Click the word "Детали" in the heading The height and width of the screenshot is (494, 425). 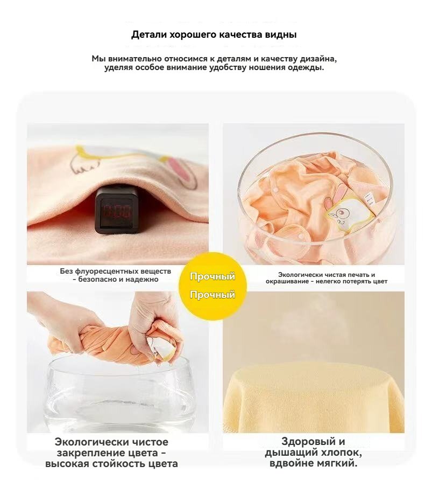coord(149,34)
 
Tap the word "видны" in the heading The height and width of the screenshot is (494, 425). coord(281,34)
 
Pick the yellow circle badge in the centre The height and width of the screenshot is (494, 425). coord(212,286)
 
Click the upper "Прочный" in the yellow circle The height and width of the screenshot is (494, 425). coord(212,276)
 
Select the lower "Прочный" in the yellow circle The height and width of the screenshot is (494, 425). coord(212,295)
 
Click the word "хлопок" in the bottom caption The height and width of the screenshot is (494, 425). coord(341,453)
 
